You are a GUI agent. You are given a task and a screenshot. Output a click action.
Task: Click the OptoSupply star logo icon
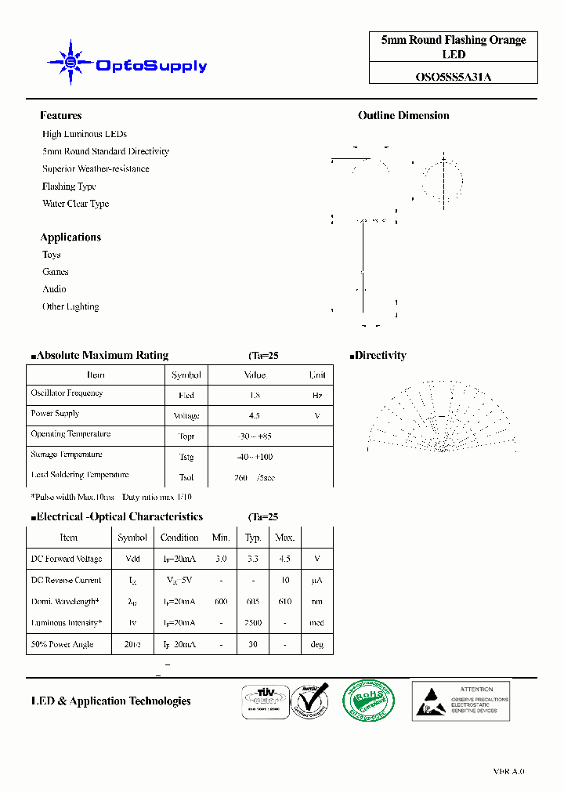tap(70, 62)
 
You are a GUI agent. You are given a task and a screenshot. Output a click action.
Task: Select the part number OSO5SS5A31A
tap(454, 77)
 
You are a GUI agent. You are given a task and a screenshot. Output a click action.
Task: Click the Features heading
tap(60, 115)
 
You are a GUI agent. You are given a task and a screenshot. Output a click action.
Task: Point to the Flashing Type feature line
tap(69, 186)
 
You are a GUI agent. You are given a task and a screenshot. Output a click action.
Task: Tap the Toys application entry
tap(52, 255)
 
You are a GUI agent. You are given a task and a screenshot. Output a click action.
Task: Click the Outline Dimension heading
tap(403, 115)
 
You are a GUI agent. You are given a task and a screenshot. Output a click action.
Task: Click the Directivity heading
tap(380, 355)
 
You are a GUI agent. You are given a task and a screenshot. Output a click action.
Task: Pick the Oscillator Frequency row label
tap(67, 393)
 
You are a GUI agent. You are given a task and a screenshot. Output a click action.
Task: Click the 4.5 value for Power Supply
tap(254, 416)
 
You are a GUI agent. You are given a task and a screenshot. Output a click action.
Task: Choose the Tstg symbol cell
tap(186, 457)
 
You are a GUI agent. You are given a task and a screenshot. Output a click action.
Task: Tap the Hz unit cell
tap(317, 396)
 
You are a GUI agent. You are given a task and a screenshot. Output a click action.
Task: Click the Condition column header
tap(179, 538)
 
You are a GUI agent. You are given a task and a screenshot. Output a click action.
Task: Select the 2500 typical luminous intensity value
tap(253, 623)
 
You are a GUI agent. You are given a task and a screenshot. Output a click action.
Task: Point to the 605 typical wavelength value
tap(253, 602)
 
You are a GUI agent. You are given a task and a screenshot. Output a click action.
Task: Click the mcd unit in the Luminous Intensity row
tap(317, 623)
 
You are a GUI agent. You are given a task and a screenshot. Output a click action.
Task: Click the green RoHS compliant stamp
tap(368, 699)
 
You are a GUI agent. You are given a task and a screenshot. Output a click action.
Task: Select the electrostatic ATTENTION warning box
tap(461, 700)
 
